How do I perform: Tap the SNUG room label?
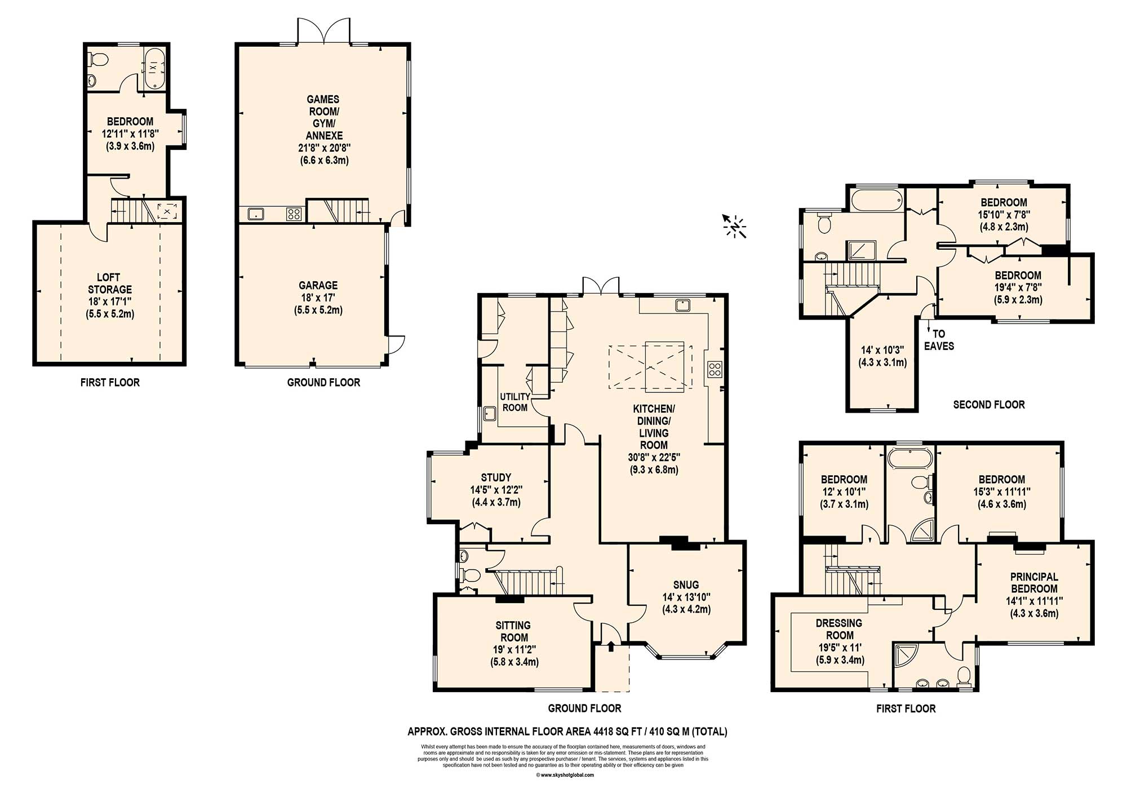pos(686,585)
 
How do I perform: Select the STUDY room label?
pos(496,477)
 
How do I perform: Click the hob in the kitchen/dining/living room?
pos(715,370)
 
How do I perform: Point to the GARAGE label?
pos(318,285)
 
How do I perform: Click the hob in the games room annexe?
pos(294,214)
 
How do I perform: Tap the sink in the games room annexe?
pos(256,214)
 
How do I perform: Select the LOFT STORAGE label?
pos(109,283)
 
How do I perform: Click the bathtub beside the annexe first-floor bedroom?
pos(153,68)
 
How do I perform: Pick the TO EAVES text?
pos(939,340)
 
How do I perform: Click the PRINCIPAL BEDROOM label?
pos(1034,582)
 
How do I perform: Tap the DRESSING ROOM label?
pos(839,629)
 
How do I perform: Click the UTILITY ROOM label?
pos(515,402)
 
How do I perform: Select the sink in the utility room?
pos(489,414)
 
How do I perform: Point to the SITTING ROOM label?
pos(513,631)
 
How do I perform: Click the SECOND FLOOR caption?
pos(989,404)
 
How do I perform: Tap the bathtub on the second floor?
pos(877,200)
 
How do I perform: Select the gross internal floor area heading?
pos(567,732)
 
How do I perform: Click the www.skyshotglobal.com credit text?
pos(565,775)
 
